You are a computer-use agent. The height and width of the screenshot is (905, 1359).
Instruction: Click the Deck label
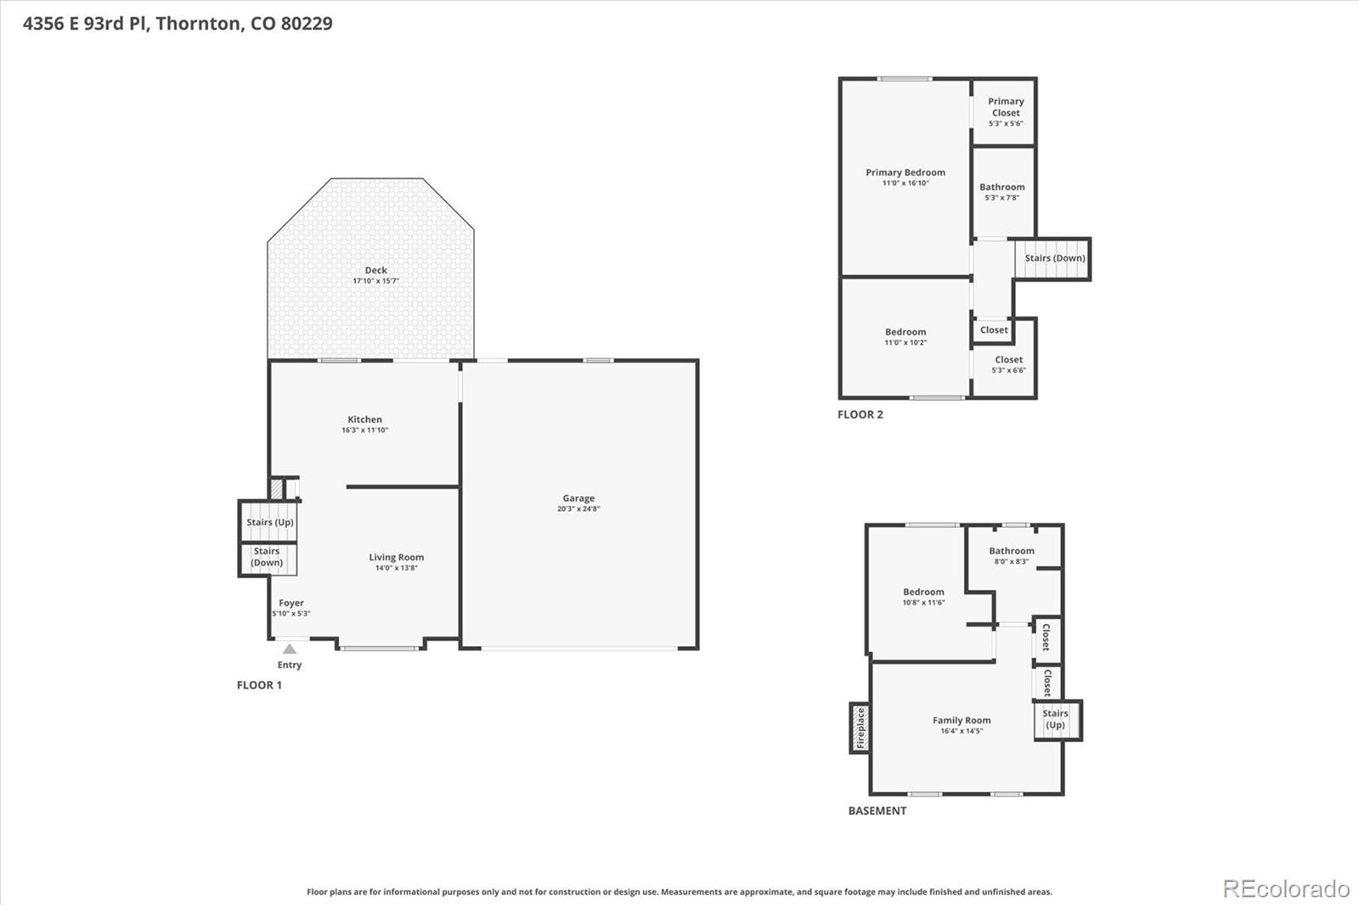(x=375, y=270)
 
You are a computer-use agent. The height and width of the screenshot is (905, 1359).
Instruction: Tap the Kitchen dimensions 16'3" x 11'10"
(x=364, y=430)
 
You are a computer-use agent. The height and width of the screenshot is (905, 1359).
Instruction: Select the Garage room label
(x=578, y=498)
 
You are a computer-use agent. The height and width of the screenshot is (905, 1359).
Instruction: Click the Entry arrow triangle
(x=290, y=649)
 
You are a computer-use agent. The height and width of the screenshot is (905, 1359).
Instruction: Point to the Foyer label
(x=291, y=603)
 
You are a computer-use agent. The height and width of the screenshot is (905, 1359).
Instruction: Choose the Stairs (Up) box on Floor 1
(x=268, y=521)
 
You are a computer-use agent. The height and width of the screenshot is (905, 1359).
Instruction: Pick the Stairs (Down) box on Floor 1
(x=267, y=558)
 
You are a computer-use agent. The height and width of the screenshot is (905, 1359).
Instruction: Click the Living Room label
(x=396, y=557)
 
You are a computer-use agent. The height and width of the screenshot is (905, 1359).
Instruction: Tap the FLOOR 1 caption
(x=259, y=685)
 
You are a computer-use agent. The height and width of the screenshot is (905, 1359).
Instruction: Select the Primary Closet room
(x=1005, y=110)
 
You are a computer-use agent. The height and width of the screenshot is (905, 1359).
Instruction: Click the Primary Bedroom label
(x=905, y=172)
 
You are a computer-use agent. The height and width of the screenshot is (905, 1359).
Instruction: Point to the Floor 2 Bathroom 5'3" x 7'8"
(x=1002, y=192)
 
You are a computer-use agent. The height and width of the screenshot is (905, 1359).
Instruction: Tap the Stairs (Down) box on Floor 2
(x=1054, y=259)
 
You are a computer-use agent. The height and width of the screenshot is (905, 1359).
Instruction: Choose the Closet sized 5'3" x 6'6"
(x=1008, y=364)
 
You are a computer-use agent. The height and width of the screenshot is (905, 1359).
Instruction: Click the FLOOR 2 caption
(x=860, y=414)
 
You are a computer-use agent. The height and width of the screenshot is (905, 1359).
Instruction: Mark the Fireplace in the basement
(x=860, y=728)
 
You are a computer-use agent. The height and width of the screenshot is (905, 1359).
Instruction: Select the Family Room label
(x=961, y=720)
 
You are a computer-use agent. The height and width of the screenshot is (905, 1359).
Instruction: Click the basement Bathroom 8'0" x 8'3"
(x=1012, y=555)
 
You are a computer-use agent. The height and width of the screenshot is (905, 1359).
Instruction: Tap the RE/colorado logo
(x=1286, y=889)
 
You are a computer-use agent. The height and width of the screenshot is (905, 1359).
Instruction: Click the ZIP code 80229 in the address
(x=306, y=23)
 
